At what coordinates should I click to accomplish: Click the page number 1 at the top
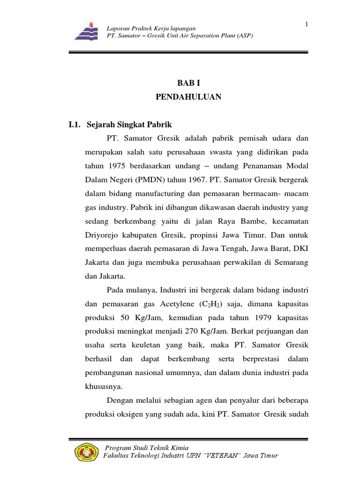(306, 24)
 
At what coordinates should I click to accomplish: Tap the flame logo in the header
(89, 31)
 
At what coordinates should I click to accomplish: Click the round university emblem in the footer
(87, 452)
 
